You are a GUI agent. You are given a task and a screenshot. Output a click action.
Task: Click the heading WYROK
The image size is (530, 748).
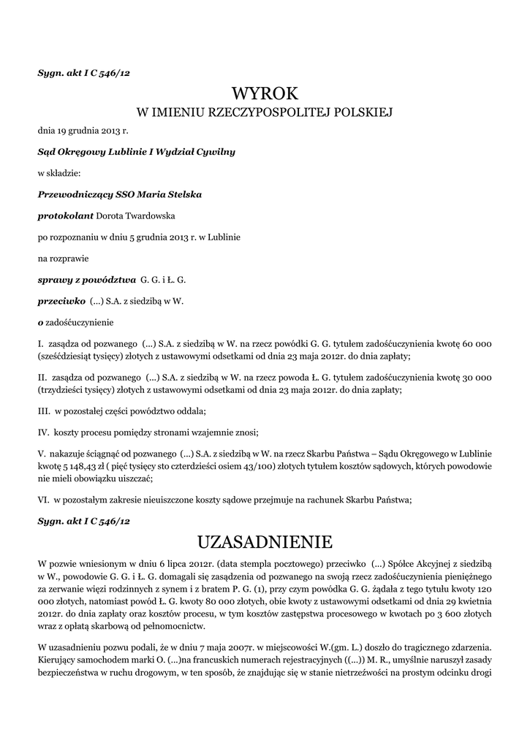coord(265,93)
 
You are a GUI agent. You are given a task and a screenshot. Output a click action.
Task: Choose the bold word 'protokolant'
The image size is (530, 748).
coord(65,216)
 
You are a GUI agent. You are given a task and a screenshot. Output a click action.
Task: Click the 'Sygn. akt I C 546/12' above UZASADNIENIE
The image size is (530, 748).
coord(83,520)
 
